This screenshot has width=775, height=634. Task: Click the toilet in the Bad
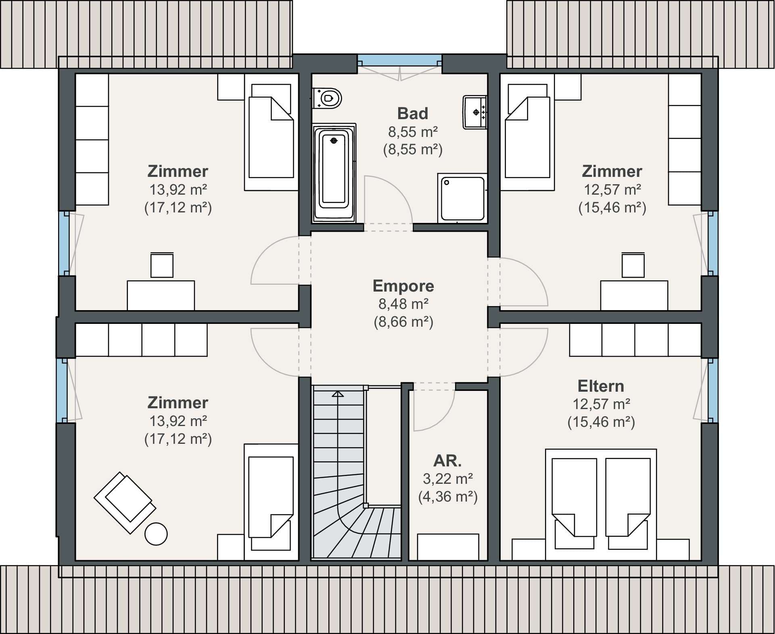point(327,98)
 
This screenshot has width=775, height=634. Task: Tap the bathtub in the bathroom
point(334,173)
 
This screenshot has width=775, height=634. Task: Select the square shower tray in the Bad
point(462,198)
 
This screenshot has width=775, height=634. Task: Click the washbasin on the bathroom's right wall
point(475,112)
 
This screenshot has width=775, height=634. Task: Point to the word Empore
point(403,286)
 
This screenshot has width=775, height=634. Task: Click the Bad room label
point(413,113)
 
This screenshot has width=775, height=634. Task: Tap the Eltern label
point(601,386)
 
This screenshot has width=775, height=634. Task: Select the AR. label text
point(447,461)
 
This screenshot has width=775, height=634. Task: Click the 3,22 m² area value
point(448,479)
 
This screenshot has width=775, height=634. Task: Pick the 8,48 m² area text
point(403,304)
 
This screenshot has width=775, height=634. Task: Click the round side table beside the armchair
point(156,534)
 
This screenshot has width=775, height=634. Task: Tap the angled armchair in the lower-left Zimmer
point(125,502)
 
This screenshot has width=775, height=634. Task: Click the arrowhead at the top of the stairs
point(338,394)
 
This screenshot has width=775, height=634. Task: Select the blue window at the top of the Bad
point(400,60)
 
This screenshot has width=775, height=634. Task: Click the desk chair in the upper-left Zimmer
point(162,265)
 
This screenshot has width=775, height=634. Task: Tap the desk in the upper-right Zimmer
point(634,296)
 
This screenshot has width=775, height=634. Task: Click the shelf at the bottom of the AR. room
point(448,547)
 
